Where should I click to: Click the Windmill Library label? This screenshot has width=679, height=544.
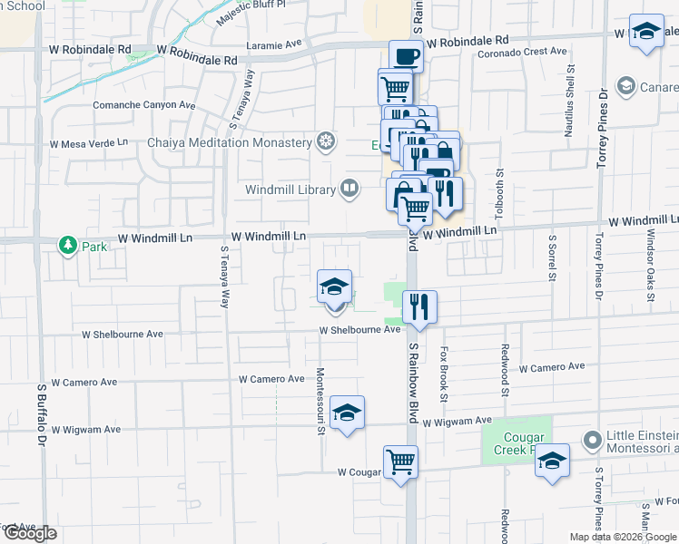290,189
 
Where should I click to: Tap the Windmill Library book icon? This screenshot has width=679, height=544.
349,189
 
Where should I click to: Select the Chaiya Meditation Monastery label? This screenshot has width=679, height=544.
231,142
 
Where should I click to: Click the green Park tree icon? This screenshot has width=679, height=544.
67,245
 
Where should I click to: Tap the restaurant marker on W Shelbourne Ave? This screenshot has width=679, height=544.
418,306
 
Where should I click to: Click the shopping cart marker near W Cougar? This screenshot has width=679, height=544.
400,461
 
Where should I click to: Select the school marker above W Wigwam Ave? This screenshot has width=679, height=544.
347,413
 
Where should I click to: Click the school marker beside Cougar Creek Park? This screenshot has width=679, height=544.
552,461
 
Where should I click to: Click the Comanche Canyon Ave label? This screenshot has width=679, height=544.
144,105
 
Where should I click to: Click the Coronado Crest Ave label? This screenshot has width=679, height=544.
522,52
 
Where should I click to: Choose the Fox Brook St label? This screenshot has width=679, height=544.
444,373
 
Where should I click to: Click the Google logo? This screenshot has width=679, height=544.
29,533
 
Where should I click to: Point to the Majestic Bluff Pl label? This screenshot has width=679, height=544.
250,14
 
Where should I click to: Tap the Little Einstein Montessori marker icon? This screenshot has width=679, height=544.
593,441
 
